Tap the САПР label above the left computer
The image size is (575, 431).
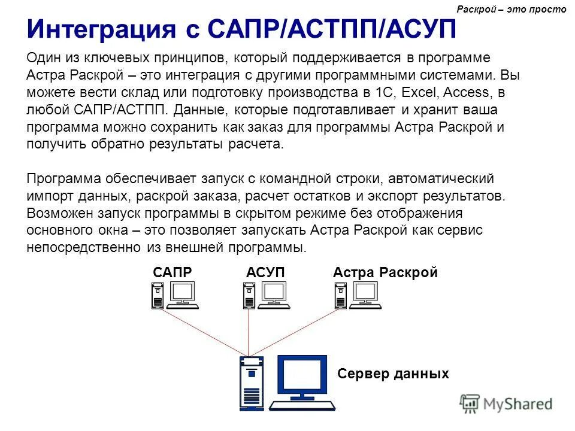[x=172, y=272]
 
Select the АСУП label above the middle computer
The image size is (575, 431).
[x=265, y=272]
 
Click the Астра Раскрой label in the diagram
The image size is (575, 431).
[x=385, y=272]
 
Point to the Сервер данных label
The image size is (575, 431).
[x=393, y=374]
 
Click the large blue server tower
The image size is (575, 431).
[x=251, y=383]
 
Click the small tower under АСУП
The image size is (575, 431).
[x=249, y=295]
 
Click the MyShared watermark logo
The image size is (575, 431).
[x=506, y=403]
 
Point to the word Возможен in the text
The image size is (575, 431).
[x=57, y=213]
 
